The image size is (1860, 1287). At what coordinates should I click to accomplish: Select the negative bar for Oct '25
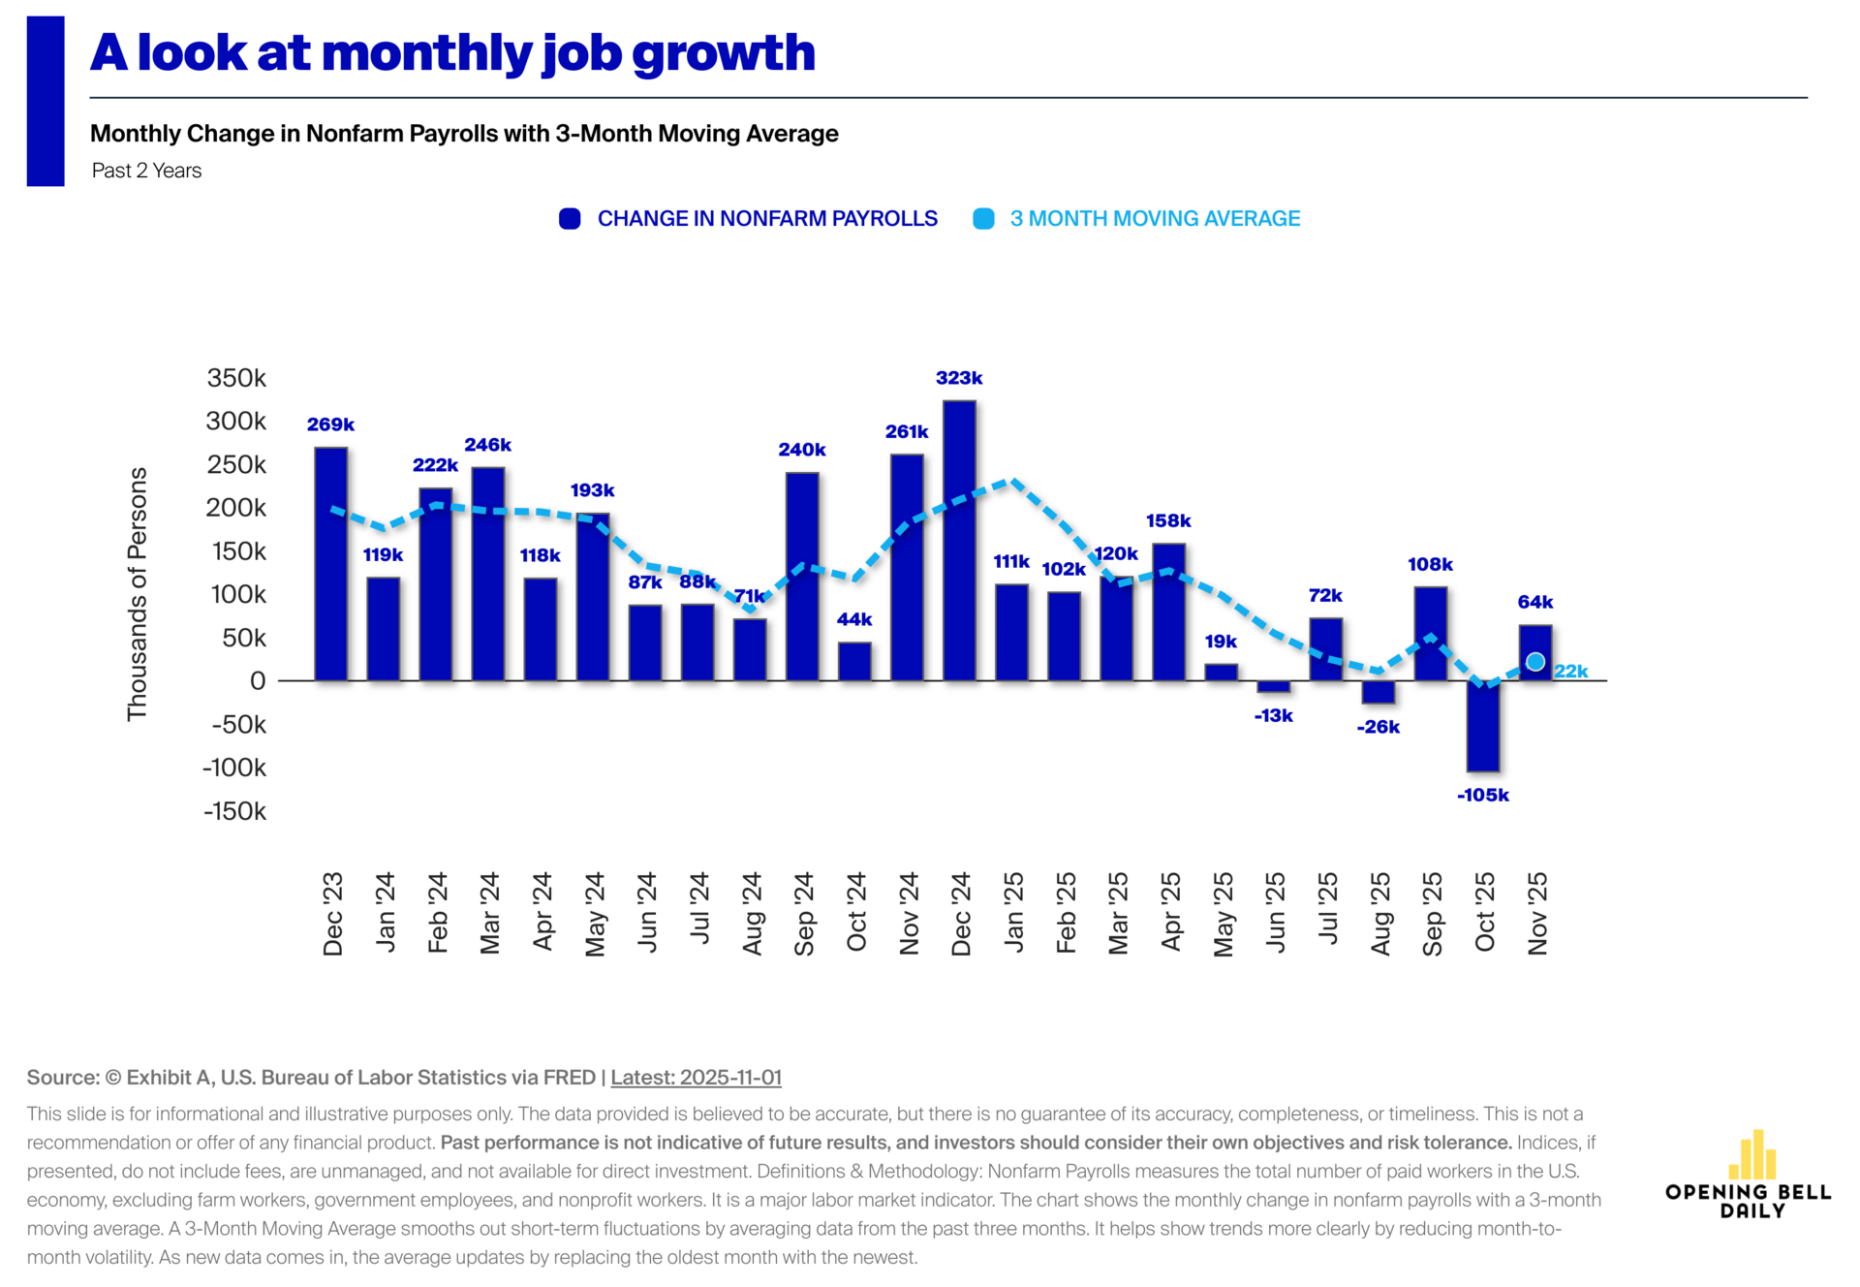click(x=1482, y=726)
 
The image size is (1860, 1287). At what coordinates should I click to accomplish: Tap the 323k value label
click(x=959, y=378)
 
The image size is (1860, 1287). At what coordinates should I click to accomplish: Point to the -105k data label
click(x=1482, y=795)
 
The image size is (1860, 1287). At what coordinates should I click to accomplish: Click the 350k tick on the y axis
click(x=236, y=378)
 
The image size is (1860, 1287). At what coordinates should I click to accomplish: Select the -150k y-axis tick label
click(x=234, y=811)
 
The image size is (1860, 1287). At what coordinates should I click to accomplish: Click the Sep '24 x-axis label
click(x=804, y=914)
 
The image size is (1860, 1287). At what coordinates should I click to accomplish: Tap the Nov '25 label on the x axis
click(x=1537, y=914)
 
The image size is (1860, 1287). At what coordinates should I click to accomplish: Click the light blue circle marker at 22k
click(x=1535, y=662)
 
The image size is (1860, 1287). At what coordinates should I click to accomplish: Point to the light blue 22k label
click(x=1570, y=671)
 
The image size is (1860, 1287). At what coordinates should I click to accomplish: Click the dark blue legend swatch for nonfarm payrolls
click(x=570, y=219)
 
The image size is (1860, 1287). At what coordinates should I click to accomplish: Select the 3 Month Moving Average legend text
click(x=1155, y=219)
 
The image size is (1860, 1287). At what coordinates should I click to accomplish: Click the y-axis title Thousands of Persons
click(x=138, y=593)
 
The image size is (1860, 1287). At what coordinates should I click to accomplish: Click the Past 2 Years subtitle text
click(x=147, y=171)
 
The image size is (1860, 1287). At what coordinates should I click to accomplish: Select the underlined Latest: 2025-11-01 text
click(x=696, y=1077)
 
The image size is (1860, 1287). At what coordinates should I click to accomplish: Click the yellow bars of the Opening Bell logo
click(x=1751, y=1154)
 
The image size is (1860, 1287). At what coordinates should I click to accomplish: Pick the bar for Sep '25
click(x=1430, y=634)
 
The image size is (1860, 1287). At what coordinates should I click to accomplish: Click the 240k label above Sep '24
click(x=802, y=450)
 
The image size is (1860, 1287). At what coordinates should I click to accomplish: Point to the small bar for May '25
click(x=1221, y=672)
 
